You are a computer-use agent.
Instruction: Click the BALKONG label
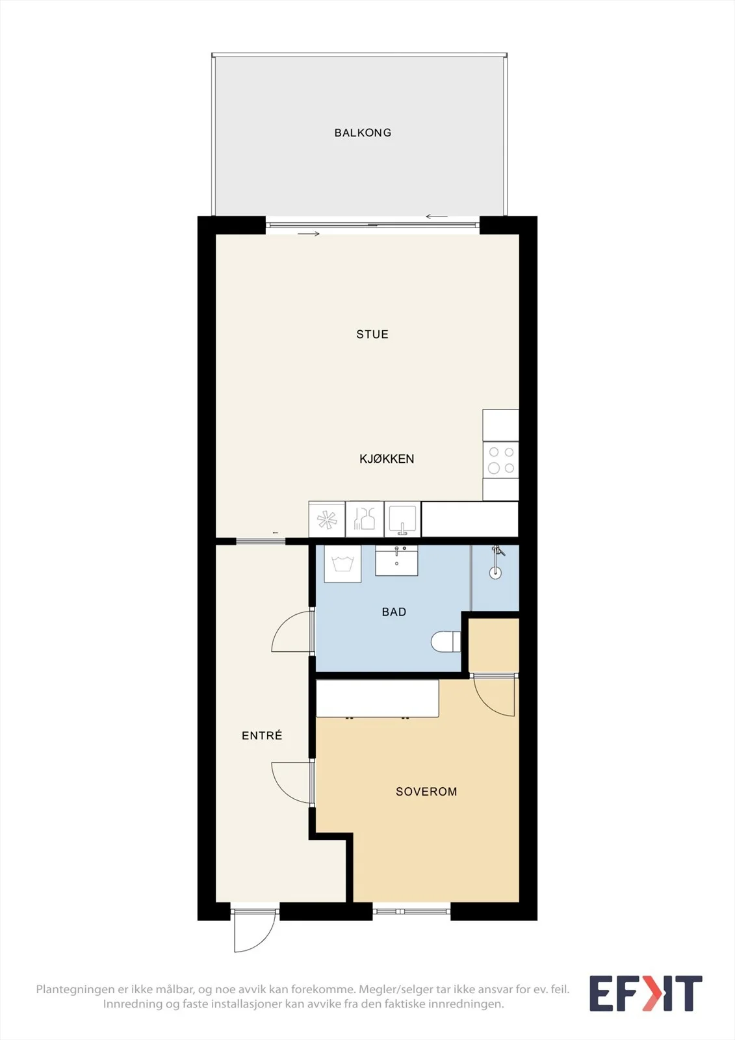pyautogui.click(x=363, y=133)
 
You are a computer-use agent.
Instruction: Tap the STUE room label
pyautogui.click(x=372, y=334)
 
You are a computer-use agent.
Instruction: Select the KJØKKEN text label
pyautogui.click(x=387, y=459)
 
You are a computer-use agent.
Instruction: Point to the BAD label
pyautogui.click(x=394, y=612)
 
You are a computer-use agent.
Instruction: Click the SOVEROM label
pyautogui.click(x=426, y=792)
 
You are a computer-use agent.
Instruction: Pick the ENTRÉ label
pyautogui.click(x=262, y=735)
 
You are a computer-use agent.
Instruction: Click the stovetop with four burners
pyautogui.click(x=500, y=460)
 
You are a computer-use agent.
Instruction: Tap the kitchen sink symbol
pyautogui.click(x=402, y=519)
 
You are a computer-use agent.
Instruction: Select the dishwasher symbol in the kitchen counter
pyautogui.click(x=365, y=519)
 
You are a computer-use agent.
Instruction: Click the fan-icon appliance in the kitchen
pyautogui.click(x=327, y=519)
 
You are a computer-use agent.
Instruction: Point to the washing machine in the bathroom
pyautogui.click(x=342, y=564)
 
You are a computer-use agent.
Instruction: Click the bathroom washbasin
pyautogui.click(x=396, y=560)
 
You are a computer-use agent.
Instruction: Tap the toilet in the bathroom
pyautogui.click(x=446, y=641)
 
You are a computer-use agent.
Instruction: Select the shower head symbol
pyautogui.click(x=496, y=563)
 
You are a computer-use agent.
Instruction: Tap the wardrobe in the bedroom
pyautogui.click(x=378, y=699)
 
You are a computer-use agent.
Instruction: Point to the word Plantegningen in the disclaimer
pyautogui.click(x=75, y=989)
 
